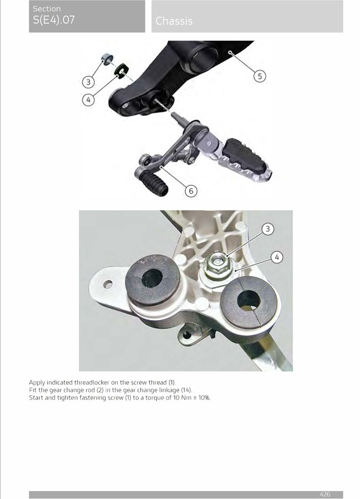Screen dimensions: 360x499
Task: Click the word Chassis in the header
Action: pyautogui.click(x=174, y=21)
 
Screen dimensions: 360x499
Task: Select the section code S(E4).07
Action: pyautogui.click(x=54, y=20)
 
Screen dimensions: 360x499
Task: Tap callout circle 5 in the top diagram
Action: pyautogui.click(x=259, y=76)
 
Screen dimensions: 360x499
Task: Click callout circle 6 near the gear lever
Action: pyautogui.click(x=191, y=191)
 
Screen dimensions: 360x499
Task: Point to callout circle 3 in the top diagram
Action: pyautogui.click(x=89, y=82)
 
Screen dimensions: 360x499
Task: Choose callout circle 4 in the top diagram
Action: pyautogui.click(x=89, y=100)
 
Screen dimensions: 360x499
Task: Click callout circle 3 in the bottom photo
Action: pyautogui.click(x=268, y=229)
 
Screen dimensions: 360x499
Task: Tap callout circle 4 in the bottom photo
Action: pyautogui.click(x=277, y=257)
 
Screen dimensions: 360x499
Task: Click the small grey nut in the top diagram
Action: pyautogui.click(x=108, y=59)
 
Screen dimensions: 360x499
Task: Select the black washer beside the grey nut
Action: pyautogui.click(x=122, y=70)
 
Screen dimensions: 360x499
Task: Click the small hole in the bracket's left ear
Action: pyautogui.click(x=108, y=284)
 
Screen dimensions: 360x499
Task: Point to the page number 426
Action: pyautogui.click(x=325, y=494)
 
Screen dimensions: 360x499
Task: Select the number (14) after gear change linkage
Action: pyautogui.click(x=187, y=390)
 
